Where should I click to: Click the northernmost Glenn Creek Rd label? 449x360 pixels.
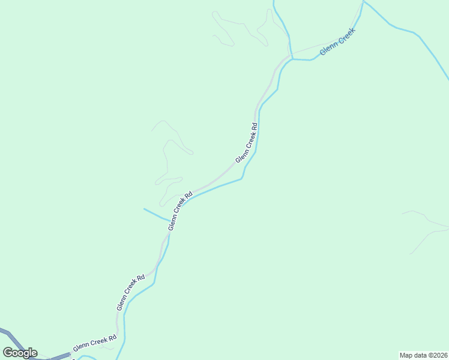[247, 143]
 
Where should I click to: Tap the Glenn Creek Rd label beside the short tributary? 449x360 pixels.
[180, 211]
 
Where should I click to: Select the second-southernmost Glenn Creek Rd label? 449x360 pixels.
[131, 293]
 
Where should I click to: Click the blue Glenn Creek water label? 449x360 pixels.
[338, 42]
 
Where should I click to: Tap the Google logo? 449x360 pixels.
[20, 353]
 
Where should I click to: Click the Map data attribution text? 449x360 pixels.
[423, 355]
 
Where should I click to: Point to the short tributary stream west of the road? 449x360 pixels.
[155, 214]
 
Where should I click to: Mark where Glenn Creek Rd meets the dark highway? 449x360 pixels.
[71, 354]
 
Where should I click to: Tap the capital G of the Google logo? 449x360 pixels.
[8, 352]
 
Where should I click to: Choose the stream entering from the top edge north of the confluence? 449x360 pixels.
[282, 24]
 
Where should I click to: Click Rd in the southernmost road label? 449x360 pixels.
[112, 340]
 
